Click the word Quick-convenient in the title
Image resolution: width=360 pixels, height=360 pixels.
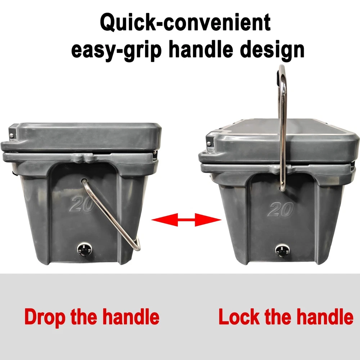[185, 22]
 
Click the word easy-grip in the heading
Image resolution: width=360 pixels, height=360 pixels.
[116, 49]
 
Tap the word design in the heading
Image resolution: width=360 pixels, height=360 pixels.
[272, 49]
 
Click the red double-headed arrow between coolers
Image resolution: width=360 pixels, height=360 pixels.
[186, 220]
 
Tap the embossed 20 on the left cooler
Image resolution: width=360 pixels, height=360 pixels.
[81, 204]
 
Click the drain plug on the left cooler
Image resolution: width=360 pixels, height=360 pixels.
[84, 250]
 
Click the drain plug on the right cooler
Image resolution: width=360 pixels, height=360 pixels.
[282, 250]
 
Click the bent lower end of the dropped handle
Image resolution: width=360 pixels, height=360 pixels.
[137, 246]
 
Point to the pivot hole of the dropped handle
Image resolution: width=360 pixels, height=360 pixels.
[84, 180]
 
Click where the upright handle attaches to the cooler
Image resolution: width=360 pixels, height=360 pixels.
[282, 189]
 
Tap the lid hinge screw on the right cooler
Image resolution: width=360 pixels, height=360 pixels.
[209, 144]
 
